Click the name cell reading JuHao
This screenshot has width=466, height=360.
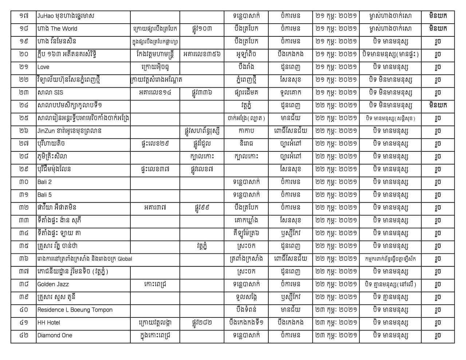(66, 16)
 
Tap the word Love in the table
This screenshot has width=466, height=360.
(43, 67)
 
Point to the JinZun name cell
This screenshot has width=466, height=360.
(69, 131)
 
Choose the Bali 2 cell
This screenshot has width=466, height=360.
(44, 182)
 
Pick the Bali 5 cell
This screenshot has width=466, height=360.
(44, 195)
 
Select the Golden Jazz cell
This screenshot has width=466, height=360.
(53, 284)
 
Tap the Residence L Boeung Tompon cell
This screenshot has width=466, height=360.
(75, 310)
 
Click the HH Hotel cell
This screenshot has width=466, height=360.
(49, 323)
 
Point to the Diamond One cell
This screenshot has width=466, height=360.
(55, 335)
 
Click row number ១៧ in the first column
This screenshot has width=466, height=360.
(24, 16)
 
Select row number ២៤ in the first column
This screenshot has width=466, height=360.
(24, 106)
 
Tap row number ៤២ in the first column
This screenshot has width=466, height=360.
(24, 335)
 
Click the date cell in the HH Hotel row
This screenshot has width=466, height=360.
(336, 323)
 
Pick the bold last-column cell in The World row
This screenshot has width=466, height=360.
(438, 29)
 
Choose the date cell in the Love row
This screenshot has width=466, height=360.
(336, 67)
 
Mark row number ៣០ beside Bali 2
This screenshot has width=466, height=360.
(24, 182)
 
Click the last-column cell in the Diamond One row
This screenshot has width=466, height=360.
(438, 335)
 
